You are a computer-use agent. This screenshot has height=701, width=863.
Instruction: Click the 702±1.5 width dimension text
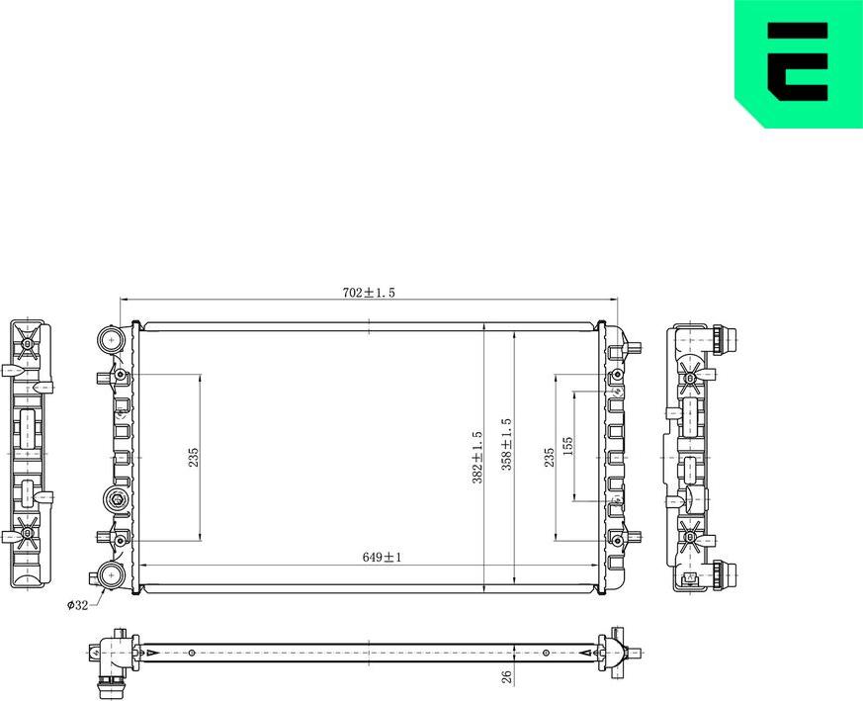[369, 293]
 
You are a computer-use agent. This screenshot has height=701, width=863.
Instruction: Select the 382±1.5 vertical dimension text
[477, 457]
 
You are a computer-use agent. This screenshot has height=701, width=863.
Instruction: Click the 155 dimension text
[567, 447]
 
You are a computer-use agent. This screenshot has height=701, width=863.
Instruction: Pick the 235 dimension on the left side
[194, 457]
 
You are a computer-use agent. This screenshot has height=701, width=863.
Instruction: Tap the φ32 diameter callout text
[77, 605]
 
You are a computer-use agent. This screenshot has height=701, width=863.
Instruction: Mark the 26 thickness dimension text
[506, 678]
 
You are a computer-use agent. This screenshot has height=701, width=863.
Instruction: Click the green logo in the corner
[799, 61]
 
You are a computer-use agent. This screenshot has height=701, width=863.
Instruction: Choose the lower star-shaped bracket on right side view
[691, 538]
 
